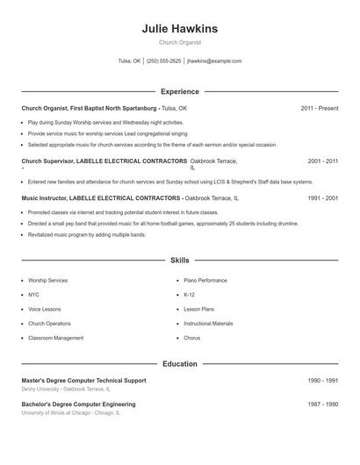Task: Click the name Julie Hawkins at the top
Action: [x=179, y=28]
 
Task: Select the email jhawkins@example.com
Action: [x=214, y=61]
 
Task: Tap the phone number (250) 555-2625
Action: [x=164, y=61]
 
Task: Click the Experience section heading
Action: [x=180, y=91]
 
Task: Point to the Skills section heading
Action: [x=180, y=261]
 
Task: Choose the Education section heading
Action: [x=180, y=364]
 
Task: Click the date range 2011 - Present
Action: [x=319, y=108]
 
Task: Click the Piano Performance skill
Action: [x=205, y=281]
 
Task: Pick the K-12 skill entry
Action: [x=190, y=295]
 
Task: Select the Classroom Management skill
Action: [x=56, y=338]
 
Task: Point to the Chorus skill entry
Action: [x=192, y=338]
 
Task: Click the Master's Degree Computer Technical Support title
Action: [x=84, y=381]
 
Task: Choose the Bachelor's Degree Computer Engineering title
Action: [x=78, y=404]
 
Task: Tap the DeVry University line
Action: [x=67, y=389]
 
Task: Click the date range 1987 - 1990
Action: [x=323, y=404]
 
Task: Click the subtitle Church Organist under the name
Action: [x=180, y=42]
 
